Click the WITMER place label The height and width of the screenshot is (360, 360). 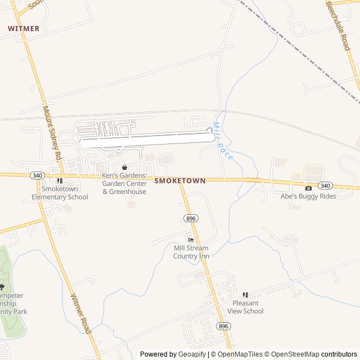point(24,28)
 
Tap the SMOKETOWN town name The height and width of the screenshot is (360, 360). point(179,181)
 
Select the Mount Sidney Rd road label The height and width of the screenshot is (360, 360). point(52,133)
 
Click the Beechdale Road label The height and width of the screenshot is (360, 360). point(338,25)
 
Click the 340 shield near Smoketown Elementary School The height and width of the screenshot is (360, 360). point(37,175)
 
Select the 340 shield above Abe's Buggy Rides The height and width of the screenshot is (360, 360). point(325,186)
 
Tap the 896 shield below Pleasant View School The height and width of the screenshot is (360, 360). point(223,326)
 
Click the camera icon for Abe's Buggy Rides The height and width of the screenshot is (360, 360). point(308,188)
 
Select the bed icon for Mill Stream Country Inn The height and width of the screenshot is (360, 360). point(191,240)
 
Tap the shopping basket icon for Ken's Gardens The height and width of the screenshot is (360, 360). point(124,168)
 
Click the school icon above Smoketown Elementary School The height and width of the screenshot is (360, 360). point(60,181)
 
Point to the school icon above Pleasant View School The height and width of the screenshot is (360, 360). point(245,295)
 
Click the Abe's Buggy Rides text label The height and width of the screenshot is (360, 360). point(308,196)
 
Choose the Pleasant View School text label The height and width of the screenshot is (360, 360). point(245,307)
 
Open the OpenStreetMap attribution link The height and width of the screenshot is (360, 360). point(291,354)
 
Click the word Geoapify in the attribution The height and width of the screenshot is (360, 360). point(192,354)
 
